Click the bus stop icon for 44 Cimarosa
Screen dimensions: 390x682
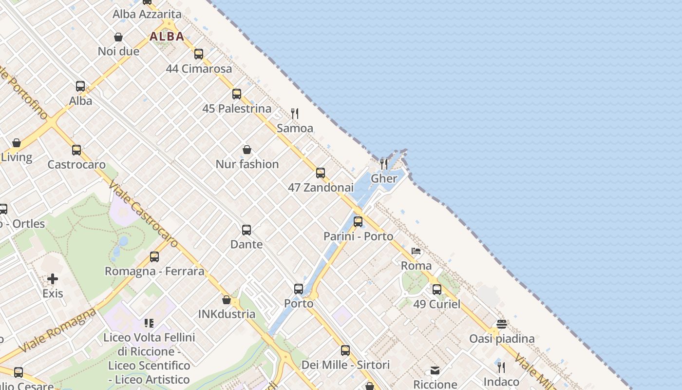[198, 54]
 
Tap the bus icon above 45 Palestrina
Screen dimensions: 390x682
[237, 94]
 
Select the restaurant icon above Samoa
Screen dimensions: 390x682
[295, 114]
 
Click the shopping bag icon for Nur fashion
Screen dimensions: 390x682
[247, 150]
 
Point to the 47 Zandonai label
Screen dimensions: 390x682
[321, 187]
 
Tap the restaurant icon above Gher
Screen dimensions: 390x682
[384, 164]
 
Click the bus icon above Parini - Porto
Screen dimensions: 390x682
[358, 222]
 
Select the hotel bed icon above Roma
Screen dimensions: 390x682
[416, 252]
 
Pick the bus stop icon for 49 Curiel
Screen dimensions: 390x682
[436, 290]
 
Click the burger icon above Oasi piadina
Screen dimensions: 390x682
[502, 324]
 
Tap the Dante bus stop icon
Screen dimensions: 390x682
[246, 230]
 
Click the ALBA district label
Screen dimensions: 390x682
[167, 37]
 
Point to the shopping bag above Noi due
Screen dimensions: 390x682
[118, 37]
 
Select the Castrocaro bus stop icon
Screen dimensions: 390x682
[76, 150]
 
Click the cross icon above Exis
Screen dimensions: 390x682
[53, 279]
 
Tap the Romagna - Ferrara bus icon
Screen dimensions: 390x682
[154, 256]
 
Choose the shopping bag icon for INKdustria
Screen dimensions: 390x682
[227, 299]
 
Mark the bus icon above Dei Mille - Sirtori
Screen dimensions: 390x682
[345, 350]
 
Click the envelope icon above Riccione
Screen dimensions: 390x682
[435, 370]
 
